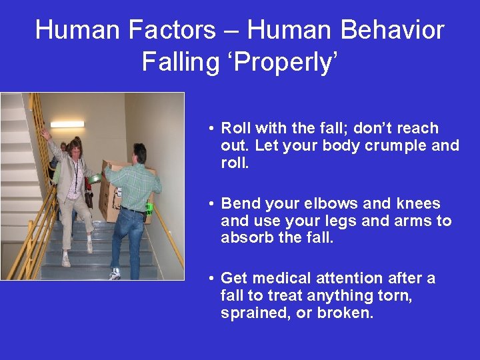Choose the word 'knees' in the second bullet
[x=417, y=203]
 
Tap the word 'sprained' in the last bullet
[x=251, y=313]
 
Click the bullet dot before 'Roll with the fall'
[x=210, y=129]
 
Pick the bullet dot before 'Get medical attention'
[x=210, y=279]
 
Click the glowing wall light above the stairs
[x=67, y=124]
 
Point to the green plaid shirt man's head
[x=139, y=154]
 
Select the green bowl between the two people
[x=97, y=178]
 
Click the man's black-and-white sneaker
[x=115, y=273]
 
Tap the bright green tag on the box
[x=149, y=207]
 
